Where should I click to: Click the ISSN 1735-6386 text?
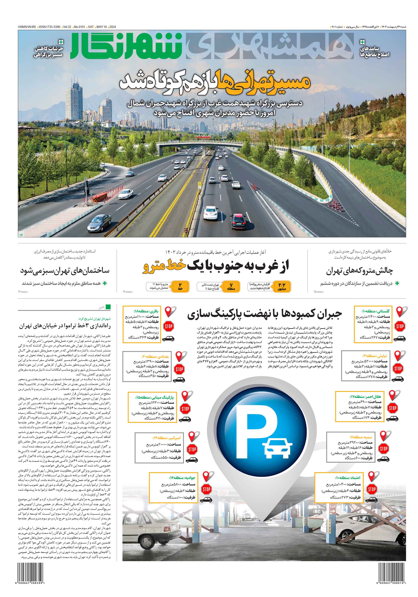pyautogui.click(x=49, y=27)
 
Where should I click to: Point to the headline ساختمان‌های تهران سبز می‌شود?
pyautogui.click(x=65, y=270)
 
